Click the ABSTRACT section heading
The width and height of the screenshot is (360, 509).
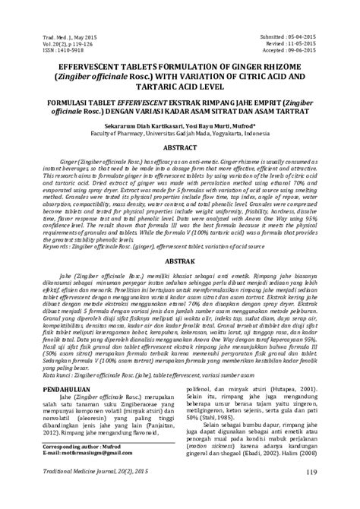[x=179, y=142]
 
